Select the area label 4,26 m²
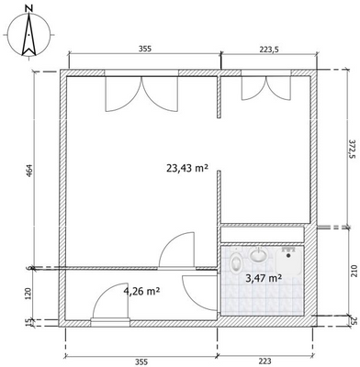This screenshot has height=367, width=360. (142, 292)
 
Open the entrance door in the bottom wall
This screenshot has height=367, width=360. (109, 317)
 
